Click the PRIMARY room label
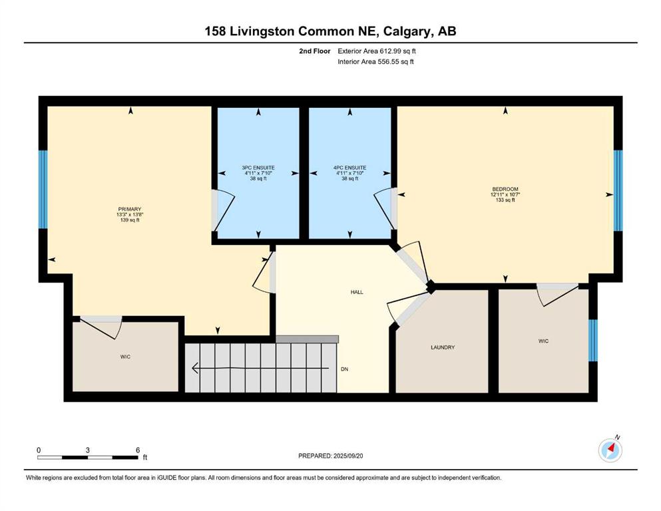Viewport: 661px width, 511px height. click(x=129, y=209)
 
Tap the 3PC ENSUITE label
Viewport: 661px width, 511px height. click(x=258, y=168)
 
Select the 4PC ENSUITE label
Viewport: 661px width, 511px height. click(x=350, y=168)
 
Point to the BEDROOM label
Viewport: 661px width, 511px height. click(x=505, y=189)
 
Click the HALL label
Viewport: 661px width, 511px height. click(x=357, y=292)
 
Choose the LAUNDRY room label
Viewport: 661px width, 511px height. click(x=443, y=347)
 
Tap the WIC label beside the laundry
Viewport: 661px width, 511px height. click(x=543, y=341)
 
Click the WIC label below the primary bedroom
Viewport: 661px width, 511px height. click(x=125, y=357)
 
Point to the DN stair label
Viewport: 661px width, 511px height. click(x=344, y=369)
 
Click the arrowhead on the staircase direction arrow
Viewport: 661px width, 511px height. click(x=195, y=368)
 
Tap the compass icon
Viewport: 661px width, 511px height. click(x=610, y=450)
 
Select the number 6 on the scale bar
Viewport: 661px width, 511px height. click(x=138, y=450)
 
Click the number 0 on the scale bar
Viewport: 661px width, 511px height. click(x=39, y=450)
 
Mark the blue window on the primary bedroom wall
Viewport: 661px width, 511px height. click(x=43, y=190)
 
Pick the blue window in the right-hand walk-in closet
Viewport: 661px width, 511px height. click(x=592, y=341)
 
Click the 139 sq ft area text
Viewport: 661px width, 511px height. click(x=129, y=220)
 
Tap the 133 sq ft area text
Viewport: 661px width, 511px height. click(x=505, y=200)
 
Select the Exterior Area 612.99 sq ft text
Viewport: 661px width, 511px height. click(x=377, y=51)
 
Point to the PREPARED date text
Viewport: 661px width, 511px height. click(x=330, y=456)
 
